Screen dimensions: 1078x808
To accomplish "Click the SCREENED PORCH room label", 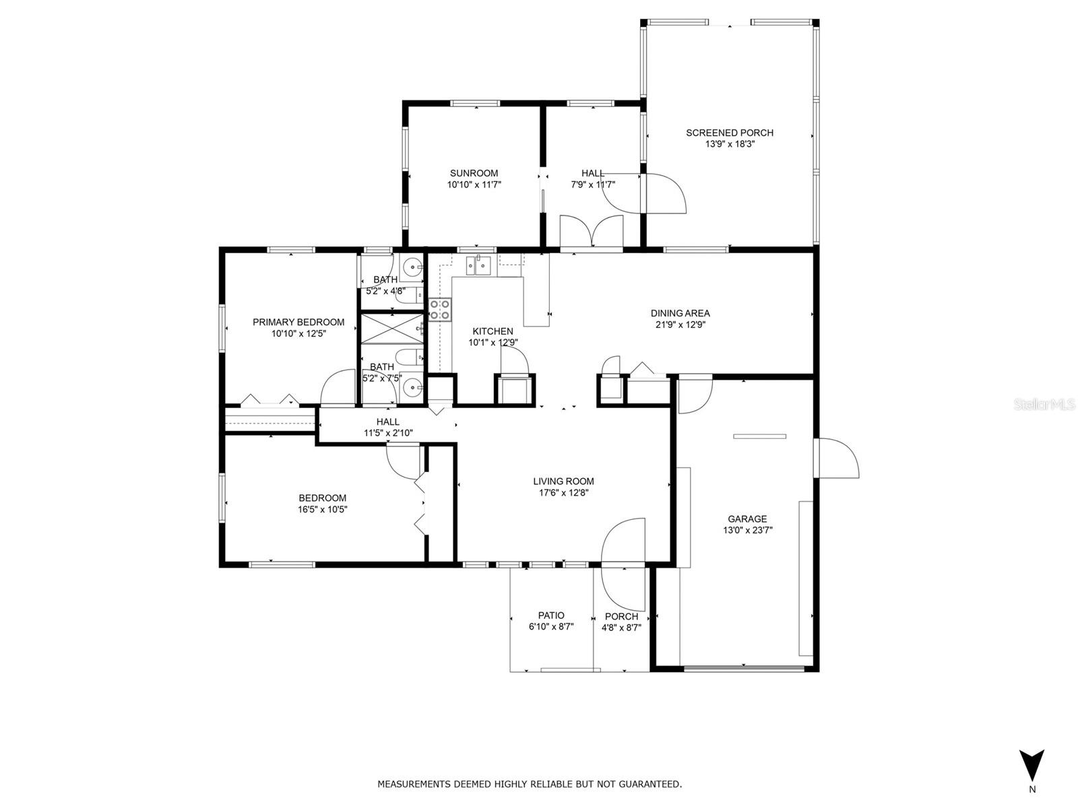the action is (x=729, y=133).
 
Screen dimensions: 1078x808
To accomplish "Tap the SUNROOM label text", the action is (x=474, y=173).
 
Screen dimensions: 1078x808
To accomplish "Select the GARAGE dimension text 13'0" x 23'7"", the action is (x=747, y=530).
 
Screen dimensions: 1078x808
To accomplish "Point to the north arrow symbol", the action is (x=1032, y=768).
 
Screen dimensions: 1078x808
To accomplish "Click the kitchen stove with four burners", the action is (x=439, y=310).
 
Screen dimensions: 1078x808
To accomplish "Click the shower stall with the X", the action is (x=392, y=329).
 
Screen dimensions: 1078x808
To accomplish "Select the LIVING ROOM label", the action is (x=563, y=481).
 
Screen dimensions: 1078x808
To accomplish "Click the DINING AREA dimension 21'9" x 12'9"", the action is (x=680, y=325).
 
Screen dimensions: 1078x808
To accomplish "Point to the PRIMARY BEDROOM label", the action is (x=298, y=322).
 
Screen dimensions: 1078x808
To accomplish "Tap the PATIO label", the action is (x=551, y=615).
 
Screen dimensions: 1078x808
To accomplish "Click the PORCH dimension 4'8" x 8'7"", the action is (x=621, y=628).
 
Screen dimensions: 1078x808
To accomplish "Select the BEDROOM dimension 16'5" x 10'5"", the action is (x=322, y=509).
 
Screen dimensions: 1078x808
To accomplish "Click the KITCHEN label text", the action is (x=493, y=331).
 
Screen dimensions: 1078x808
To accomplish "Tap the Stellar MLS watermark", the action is (x=1044, y=405).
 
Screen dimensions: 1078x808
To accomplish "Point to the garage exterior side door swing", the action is (x=836, y=459).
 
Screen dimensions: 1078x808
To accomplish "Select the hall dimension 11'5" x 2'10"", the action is (x=388, y=433).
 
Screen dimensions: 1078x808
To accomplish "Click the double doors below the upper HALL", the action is (x=592, y=232).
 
